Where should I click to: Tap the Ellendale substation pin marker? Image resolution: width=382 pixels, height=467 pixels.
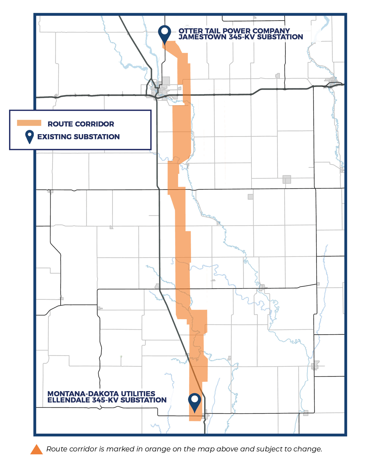click(x=195, y=402)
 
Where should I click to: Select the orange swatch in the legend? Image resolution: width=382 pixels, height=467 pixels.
click(x=29, y=123)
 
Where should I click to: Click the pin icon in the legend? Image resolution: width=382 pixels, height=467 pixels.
click(x=29, y=137)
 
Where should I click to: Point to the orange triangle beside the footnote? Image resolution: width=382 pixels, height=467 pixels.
click(x=37, y=449)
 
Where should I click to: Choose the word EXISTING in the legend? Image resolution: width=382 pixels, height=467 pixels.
click(x=54, y=137)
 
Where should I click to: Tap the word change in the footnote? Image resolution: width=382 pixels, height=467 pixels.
click(x=310, y=449)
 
